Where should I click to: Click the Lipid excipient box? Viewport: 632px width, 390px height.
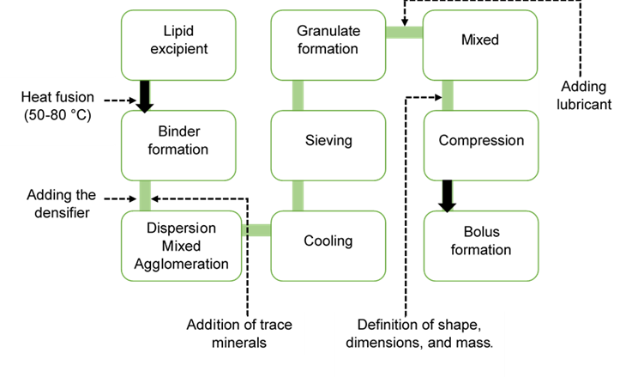(x=178, y=40)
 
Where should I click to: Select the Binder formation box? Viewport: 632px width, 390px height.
(x=178, y=140)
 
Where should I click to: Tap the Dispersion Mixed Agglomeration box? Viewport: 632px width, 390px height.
(x=181, y=246)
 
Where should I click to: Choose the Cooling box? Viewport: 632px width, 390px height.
(x=328, y=241)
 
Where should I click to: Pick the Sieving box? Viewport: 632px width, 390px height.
(x=328, y=140)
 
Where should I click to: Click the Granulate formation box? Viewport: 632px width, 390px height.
(x=328, y=40)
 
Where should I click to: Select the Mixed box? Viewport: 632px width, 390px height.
(x=480, y=40)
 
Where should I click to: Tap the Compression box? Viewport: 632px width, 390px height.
(x=480, y=140)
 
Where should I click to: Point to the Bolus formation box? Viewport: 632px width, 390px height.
(x=480, y=241)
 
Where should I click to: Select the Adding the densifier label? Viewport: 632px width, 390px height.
(x=61, y=204)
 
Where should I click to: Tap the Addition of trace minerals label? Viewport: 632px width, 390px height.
(x=239, y=333)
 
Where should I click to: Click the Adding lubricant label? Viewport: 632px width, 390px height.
(x=585, y=95)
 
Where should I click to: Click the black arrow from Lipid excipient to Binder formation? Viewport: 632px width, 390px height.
(x=145, y=94)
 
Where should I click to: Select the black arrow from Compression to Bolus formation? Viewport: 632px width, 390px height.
(x=447, y=194)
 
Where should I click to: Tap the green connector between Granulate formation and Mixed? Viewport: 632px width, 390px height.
(x=404, y=33)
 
